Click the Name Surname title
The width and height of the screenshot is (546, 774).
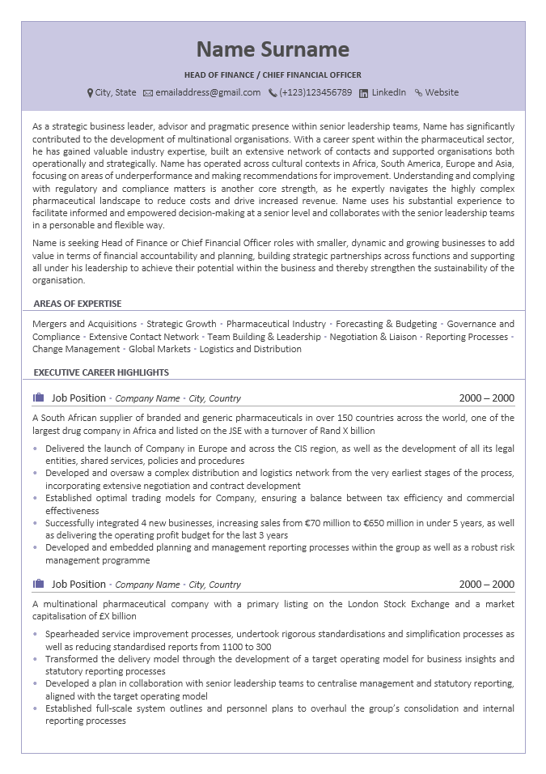(273, 49)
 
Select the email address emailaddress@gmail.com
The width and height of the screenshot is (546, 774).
(208, 92)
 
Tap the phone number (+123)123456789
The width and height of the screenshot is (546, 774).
(315, 92)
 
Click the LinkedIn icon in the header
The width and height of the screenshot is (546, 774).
(364, 93)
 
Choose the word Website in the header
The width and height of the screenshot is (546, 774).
(442, 92)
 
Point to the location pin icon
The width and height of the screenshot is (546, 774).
(90, 93)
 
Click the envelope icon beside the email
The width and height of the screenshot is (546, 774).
(148, 93)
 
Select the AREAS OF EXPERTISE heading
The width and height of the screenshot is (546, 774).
(78, 304)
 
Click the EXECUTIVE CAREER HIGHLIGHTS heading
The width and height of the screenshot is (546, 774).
(101, 372)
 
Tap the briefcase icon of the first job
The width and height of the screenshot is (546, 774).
(38, 398)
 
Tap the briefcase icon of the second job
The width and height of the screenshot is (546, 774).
(38, 584)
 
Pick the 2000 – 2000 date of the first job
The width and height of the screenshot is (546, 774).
(486, 398)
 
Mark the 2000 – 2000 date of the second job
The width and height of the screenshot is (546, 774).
(486, 585)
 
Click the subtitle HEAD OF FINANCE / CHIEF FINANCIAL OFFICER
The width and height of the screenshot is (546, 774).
(273, 75)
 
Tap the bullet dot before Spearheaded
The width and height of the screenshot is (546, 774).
(35, 634)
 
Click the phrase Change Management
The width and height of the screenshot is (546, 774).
(76, 349)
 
